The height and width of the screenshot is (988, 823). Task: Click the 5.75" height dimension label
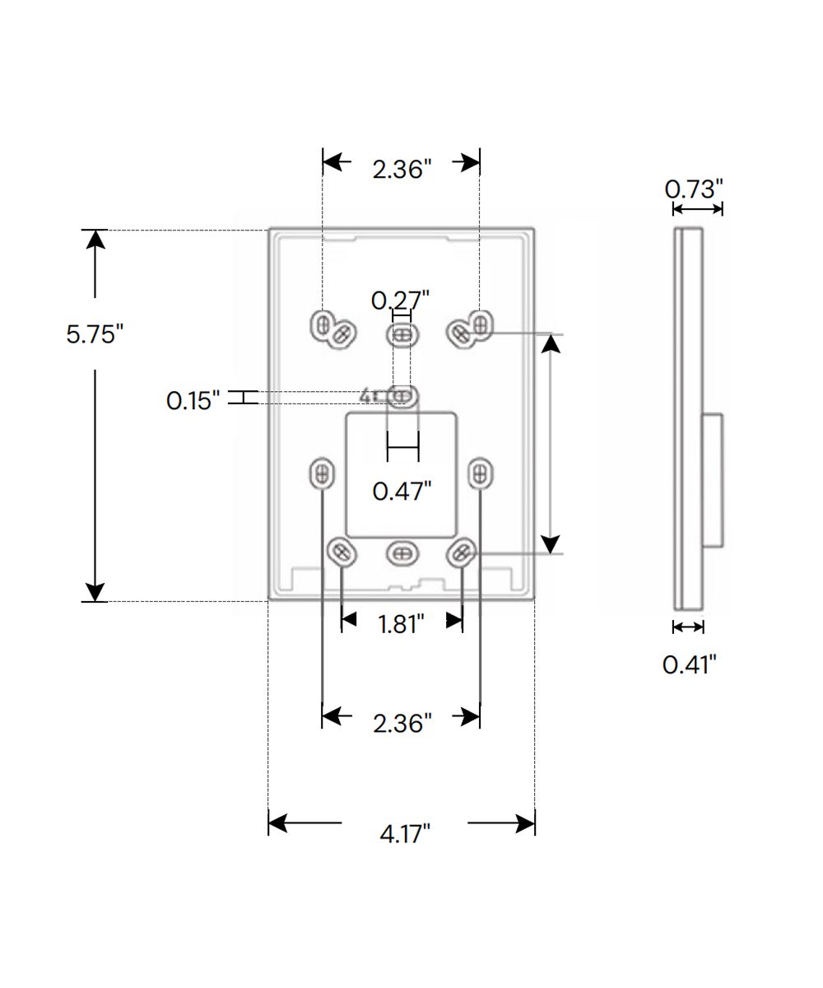coord(95,334)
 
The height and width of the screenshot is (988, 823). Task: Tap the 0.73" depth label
coord(694,189)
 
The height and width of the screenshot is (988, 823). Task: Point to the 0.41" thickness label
coord(689,664)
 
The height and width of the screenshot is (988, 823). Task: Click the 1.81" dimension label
coord(401,624)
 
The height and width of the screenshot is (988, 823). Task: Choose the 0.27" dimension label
coord(400,301)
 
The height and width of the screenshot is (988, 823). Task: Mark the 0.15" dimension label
coord(193,400)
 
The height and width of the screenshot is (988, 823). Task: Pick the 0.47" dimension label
coord(402,492)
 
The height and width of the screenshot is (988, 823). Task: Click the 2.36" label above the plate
coord(402,169)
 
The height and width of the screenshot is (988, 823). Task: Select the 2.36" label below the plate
coord(402,724)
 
